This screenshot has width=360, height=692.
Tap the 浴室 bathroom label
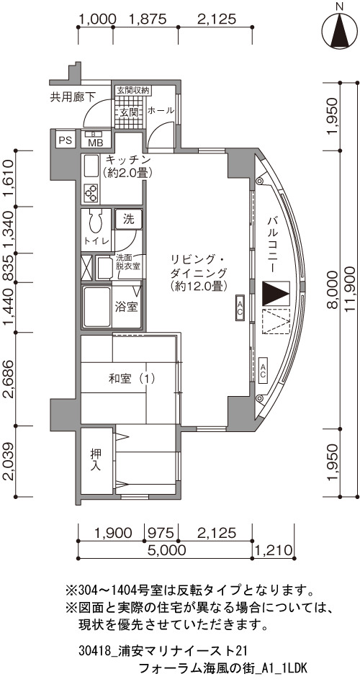[127, 307]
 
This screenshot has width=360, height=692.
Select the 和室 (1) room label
[132, 378]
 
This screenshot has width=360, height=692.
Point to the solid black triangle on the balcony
[274, 294]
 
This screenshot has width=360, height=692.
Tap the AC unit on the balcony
[262, 369]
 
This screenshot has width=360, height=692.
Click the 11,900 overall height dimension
[351, 289]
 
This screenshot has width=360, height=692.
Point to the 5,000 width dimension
[166, 550]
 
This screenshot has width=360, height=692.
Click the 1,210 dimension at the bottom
[274, 550]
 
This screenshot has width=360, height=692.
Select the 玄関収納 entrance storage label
[132, 91]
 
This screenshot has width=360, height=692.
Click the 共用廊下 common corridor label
[72, 97]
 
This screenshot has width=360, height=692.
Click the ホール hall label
[161, 111]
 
